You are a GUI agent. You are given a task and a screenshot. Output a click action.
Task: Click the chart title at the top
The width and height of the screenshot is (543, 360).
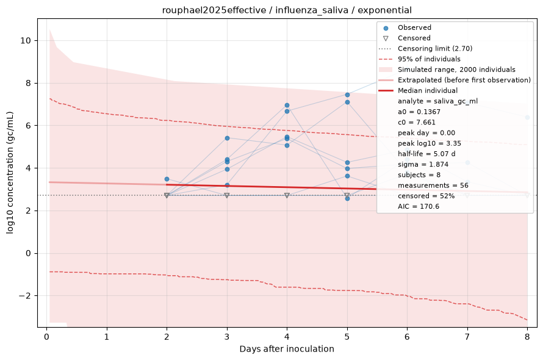click(x=287, y=10)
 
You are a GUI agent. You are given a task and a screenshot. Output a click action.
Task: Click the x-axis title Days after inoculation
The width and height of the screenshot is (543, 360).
click(x=287, y=349)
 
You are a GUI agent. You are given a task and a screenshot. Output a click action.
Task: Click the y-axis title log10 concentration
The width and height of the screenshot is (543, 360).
click(x=10, y=173)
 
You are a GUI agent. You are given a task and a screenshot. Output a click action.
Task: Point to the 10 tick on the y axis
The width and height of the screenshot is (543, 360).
click(x=26, y=40)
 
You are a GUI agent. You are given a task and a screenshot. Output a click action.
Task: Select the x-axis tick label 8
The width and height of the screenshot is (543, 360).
click(x=527, y=337)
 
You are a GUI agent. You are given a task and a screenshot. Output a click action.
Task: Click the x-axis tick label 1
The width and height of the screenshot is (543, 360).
click(x=107, y=337)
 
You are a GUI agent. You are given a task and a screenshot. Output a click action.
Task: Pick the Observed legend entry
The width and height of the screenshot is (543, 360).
click(x=414, y=27)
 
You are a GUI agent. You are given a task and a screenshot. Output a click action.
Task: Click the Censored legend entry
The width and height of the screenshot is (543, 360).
click(x=414, y=38)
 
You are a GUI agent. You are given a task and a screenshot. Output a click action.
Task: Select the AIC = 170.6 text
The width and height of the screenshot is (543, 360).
click(x=419, y=206)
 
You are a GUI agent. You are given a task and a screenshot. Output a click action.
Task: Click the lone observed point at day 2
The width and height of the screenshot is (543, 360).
click(x=167, y=179)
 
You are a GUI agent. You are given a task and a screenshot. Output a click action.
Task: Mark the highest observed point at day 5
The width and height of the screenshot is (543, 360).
click(x=347, y=95)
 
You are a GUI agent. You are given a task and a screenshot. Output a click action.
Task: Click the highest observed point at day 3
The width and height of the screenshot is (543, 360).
click(x=227, y=139)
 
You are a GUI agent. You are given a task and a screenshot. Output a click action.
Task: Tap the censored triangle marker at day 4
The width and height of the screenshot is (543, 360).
click(x=287, y=195)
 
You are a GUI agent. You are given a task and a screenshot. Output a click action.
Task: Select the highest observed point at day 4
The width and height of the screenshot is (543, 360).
click(x=287, y=106)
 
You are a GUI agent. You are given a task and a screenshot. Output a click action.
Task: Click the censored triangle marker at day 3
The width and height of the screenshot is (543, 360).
click(x=227, y=195)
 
